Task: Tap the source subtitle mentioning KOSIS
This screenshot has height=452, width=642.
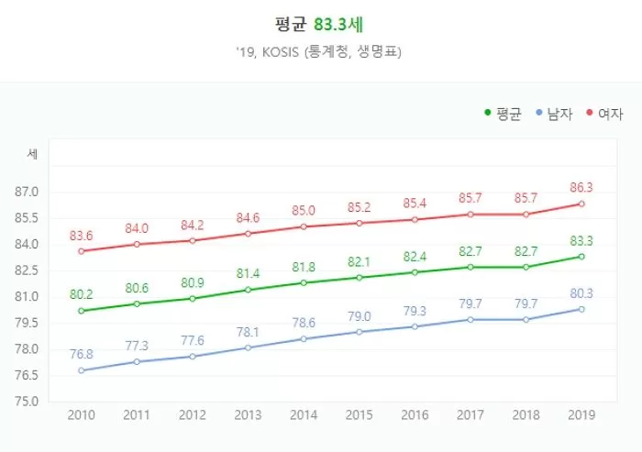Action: [x=320, y=52]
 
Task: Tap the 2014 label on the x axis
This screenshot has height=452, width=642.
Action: [x=304, y=414]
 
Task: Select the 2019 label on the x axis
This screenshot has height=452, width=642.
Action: [x=581, y=414]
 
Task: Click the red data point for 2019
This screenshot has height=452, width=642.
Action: [x=581, y=204]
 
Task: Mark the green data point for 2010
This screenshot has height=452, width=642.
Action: [x=82, y=311]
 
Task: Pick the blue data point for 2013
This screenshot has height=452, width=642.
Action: [x=248, y=347]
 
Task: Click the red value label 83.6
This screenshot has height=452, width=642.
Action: [x=82, y=236]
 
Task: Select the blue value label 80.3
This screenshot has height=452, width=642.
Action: [x=581, y=293]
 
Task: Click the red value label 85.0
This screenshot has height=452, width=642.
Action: [x=304, y=211]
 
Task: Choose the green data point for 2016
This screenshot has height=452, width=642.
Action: [x=415, y=272]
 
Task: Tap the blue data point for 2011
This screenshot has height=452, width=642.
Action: [x=137, y=361]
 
